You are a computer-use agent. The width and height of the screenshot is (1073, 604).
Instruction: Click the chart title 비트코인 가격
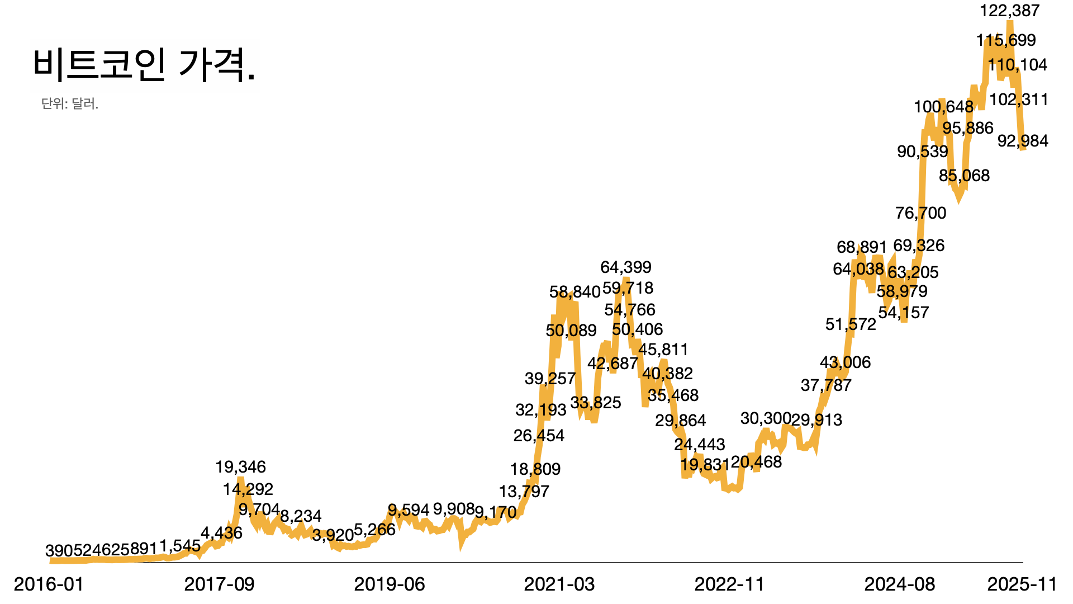coord(144,63)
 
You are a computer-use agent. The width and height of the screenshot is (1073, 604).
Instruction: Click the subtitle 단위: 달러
coord(70,103)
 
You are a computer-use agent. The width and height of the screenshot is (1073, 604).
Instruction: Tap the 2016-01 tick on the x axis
coord(49,584)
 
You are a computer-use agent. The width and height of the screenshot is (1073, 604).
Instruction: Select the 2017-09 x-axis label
coord(219,584)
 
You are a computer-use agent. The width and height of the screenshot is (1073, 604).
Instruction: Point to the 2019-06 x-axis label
coord(390,584)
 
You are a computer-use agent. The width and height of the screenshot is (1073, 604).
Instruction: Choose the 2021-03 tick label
coord(559,584)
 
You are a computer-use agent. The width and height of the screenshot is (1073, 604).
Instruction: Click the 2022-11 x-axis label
coord(729,584)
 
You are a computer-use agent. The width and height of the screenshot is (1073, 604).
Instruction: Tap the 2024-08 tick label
coord(900,584)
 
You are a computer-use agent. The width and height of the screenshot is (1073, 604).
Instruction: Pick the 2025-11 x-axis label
coord(1022,584)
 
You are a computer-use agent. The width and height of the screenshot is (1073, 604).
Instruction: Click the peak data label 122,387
coord(1010,11)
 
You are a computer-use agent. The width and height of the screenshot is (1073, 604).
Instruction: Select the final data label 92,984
coord(1023,141)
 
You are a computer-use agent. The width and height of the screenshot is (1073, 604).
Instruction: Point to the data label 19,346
coord(240,467)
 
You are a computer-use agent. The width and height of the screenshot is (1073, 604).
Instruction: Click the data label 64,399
coord(626,267)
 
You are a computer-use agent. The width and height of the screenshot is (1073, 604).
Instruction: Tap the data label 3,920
coord(333,535)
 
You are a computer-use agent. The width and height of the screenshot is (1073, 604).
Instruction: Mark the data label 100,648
coord(943,106)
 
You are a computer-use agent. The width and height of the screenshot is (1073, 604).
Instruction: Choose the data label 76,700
coord(921,213)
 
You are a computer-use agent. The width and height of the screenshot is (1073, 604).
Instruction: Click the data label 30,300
coord(766,418)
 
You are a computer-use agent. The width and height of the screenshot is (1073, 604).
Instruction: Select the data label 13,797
coord(524,492)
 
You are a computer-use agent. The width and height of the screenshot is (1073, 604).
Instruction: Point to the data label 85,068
coord(964,176)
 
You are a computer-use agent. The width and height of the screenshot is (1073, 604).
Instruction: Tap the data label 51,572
coord(851,324)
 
